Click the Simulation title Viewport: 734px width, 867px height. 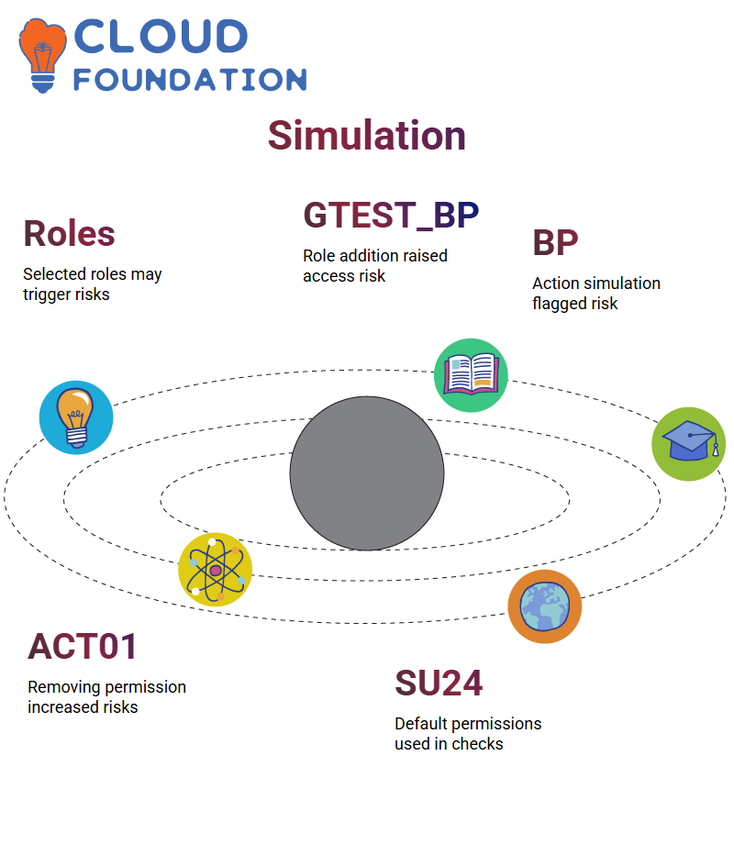point(367,136)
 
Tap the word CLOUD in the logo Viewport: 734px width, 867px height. point(161,37)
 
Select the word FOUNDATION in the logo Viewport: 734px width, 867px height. point(190,80)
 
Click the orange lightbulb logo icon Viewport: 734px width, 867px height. point(42,55)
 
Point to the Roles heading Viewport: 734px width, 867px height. point(69,233)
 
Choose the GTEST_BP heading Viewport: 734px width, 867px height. point(391,215)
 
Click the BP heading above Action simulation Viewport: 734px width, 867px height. point(555,242)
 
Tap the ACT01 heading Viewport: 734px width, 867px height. point(83,647)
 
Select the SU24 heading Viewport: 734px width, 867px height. point(439,683)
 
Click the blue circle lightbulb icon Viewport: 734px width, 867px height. point(76,417)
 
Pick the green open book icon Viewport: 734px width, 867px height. point(471,375)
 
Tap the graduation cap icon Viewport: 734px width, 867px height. point(689,444)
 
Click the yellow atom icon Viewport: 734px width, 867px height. point(216,570)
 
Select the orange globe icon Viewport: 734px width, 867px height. point(545,606)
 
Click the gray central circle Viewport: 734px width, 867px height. point(367,473)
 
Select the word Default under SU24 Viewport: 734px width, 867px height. point(421,724)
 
